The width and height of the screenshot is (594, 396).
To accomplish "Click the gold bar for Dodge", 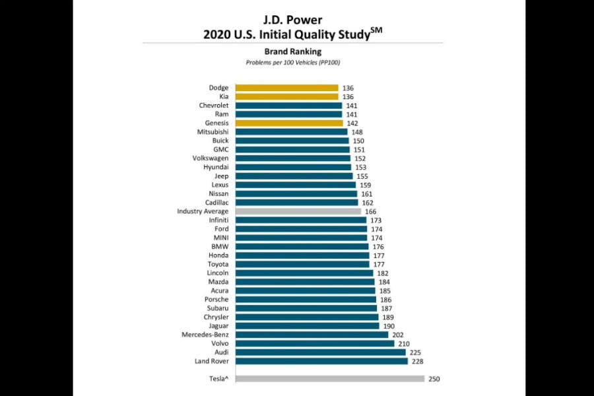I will [286, 88].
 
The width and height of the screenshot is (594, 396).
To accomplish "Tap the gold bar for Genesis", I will [289, 123].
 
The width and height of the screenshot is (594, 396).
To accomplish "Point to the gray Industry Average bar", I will [298, 211].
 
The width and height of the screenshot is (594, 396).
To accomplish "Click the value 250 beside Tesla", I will [434, 379].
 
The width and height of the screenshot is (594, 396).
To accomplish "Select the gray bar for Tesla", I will [330, 379].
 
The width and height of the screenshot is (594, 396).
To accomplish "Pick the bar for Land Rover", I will [321, 361].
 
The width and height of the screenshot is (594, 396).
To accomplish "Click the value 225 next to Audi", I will [415, 352].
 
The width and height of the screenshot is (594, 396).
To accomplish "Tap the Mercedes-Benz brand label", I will [205, 335].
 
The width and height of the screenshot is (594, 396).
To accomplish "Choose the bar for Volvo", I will [315, 343].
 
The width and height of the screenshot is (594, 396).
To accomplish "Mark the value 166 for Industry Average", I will [370, 211].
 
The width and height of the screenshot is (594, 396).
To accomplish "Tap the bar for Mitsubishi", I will [292, 132].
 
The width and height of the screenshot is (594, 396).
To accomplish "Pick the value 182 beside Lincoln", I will [383, 273].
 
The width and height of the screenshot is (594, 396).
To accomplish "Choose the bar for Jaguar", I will [308, 326].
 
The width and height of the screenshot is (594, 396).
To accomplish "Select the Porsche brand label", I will [216, 300].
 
